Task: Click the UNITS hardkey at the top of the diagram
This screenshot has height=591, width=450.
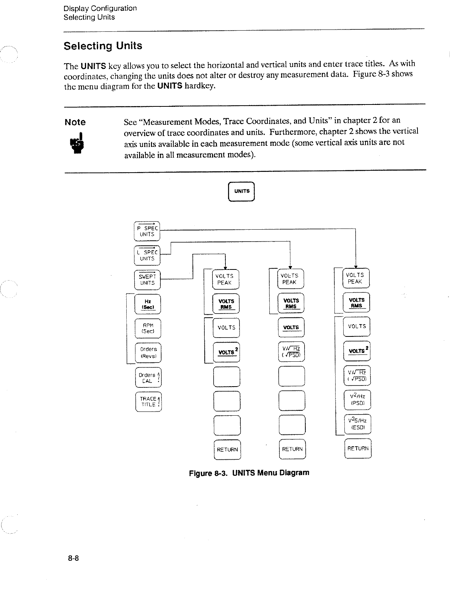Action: (241, 191)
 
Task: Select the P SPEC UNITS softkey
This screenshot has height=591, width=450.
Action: (147, 231)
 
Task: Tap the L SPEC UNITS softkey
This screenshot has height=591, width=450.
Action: (147, 255)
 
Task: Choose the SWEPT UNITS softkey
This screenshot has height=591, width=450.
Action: (147, 280)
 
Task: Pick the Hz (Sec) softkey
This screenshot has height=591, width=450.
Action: (148, 304)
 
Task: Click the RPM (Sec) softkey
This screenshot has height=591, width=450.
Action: (148, 328)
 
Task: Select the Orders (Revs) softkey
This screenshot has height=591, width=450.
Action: (148, 353)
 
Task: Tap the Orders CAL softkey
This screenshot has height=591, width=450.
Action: (148, 378)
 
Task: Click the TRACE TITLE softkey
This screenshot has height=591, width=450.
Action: (148, 402)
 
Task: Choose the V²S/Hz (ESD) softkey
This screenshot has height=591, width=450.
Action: (357, 424)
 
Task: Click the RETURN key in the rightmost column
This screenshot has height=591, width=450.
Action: (358, 449)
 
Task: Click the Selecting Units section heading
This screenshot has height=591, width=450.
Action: (103, 46)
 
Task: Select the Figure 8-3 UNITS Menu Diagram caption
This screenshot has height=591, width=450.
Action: (249, 473)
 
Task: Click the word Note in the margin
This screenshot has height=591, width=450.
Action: (75, 122)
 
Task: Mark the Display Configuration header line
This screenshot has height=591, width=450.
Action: (100, 8)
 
